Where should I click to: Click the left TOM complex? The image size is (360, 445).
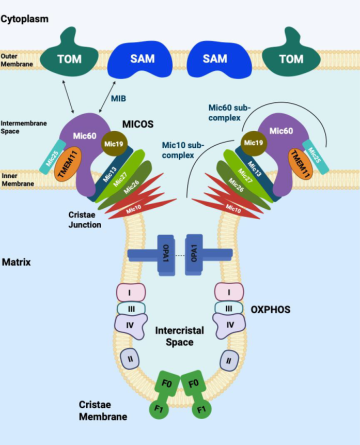click(x=69, y=58)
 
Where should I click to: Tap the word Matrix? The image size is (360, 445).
click(x=16, y=262)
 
